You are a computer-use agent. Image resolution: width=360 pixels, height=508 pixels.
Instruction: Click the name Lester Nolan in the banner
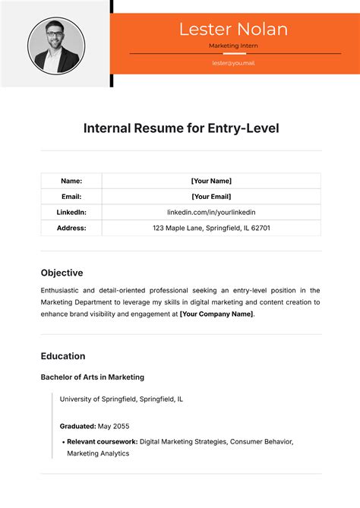233,30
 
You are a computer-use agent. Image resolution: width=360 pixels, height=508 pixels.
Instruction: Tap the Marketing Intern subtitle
233,46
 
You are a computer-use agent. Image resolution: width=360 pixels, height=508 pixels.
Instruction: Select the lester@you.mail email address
233,63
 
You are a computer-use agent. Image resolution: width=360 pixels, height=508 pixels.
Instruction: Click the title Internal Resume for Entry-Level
181,128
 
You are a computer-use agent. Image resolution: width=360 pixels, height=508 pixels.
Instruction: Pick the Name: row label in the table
71,181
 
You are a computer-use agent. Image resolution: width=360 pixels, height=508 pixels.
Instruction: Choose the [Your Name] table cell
211,181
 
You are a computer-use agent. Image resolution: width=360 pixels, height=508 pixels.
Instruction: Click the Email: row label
71,197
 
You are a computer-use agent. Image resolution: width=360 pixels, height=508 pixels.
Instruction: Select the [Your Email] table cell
211,197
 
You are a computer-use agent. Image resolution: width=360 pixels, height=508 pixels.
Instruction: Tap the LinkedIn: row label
71,212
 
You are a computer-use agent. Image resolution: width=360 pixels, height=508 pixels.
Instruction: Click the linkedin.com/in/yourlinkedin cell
211,212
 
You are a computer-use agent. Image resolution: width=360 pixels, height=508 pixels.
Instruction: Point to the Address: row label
71,228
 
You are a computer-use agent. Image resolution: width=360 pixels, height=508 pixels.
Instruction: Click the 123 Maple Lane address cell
211,228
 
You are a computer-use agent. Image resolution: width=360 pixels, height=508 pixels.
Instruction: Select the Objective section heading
62,273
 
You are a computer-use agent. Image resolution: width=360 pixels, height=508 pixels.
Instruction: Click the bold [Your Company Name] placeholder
216,314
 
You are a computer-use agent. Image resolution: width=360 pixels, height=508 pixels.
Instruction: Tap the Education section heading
63,356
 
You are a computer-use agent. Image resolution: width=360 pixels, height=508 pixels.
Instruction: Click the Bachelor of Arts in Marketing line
92,377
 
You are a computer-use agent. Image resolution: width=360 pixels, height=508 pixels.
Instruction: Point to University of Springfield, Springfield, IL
121,399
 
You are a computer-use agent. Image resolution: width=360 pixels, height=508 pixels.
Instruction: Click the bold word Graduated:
77,426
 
